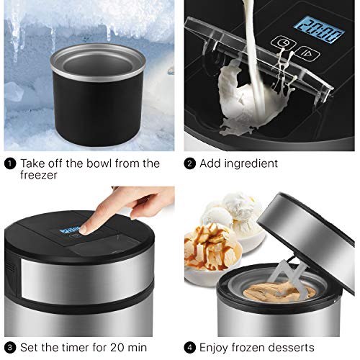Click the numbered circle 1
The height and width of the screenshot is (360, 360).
tap(9, 163)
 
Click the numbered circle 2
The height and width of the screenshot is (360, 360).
tap(190, 163)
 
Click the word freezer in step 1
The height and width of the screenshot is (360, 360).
tap(41, 175)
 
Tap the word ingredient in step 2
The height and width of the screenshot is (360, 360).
tap(252, 164)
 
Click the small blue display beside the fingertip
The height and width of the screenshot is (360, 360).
tap(68, 231)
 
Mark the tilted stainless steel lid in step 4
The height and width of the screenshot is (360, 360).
tap(313, 230)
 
